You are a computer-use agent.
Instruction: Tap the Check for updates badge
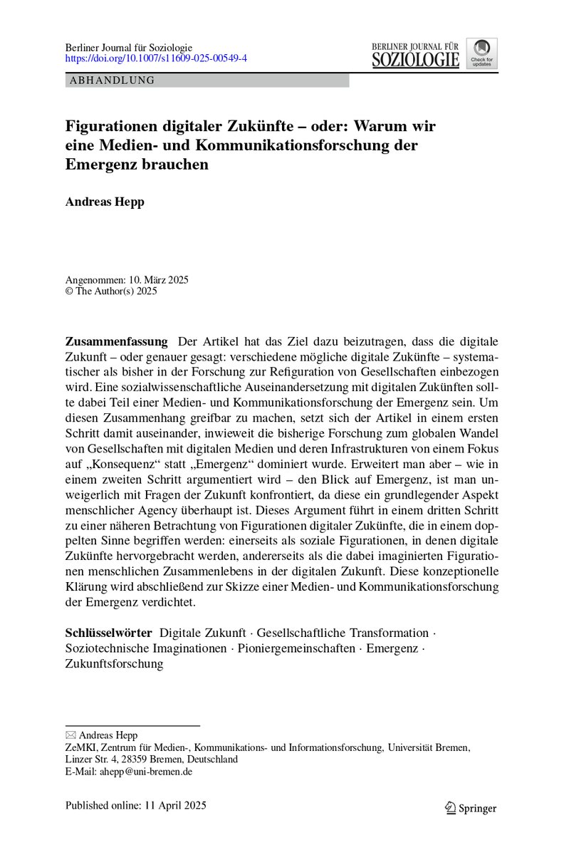pos(482,53)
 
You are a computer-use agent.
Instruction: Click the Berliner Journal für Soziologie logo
pos(415,54)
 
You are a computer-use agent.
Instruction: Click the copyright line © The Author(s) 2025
pos(110,291)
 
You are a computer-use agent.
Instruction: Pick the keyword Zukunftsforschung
pos(114,664)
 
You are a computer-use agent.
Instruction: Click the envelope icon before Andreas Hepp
pos(70,735)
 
